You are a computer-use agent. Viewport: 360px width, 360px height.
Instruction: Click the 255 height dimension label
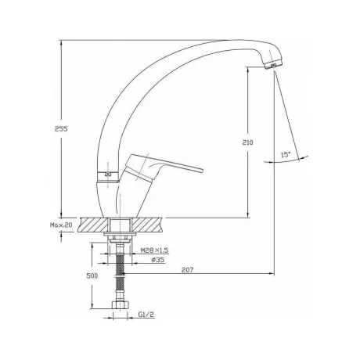(61, 128)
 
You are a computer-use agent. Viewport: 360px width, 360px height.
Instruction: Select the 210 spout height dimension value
(247, 142)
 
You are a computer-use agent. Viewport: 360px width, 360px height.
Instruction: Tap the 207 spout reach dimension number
(188, 270)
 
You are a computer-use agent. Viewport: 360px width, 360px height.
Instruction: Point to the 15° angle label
(286, 154)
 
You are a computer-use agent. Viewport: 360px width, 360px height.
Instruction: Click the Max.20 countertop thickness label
(61, 225)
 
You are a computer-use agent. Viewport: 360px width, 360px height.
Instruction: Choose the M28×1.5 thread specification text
(154, 250)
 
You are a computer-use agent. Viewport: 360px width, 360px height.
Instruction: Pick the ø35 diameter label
(158, 260)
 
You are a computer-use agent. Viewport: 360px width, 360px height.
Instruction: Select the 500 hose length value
(92, 275)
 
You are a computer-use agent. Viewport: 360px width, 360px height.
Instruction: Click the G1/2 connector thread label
(146, 315)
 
